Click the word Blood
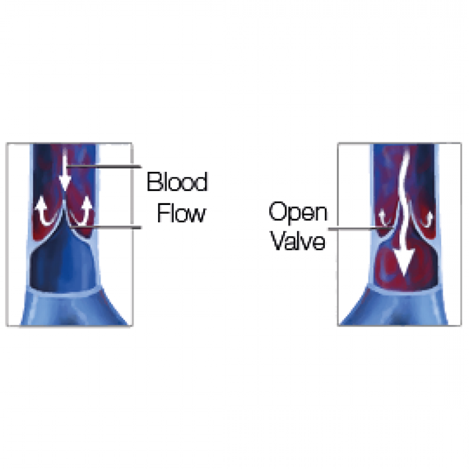point(177,182)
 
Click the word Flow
point(182,213)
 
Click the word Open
point(298,212)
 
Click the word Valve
point(298,241)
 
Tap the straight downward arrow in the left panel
point(65,169)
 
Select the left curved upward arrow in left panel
point(44,213)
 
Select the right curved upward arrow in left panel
point(83,211)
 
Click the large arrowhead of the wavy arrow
point(404,262)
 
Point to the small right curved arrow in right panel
point(426,218)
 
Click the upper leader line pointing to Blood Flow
point(104,166)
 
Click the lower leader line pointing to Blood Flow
point(106,227)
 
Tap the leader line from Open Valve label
point(360,229)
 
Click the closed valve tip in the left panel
point(65,201)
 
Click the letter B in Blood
point(153,182)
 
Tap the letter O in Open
point(277,211)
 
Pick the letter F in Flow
point(163,213)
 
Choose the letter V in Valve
point(279,241)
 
